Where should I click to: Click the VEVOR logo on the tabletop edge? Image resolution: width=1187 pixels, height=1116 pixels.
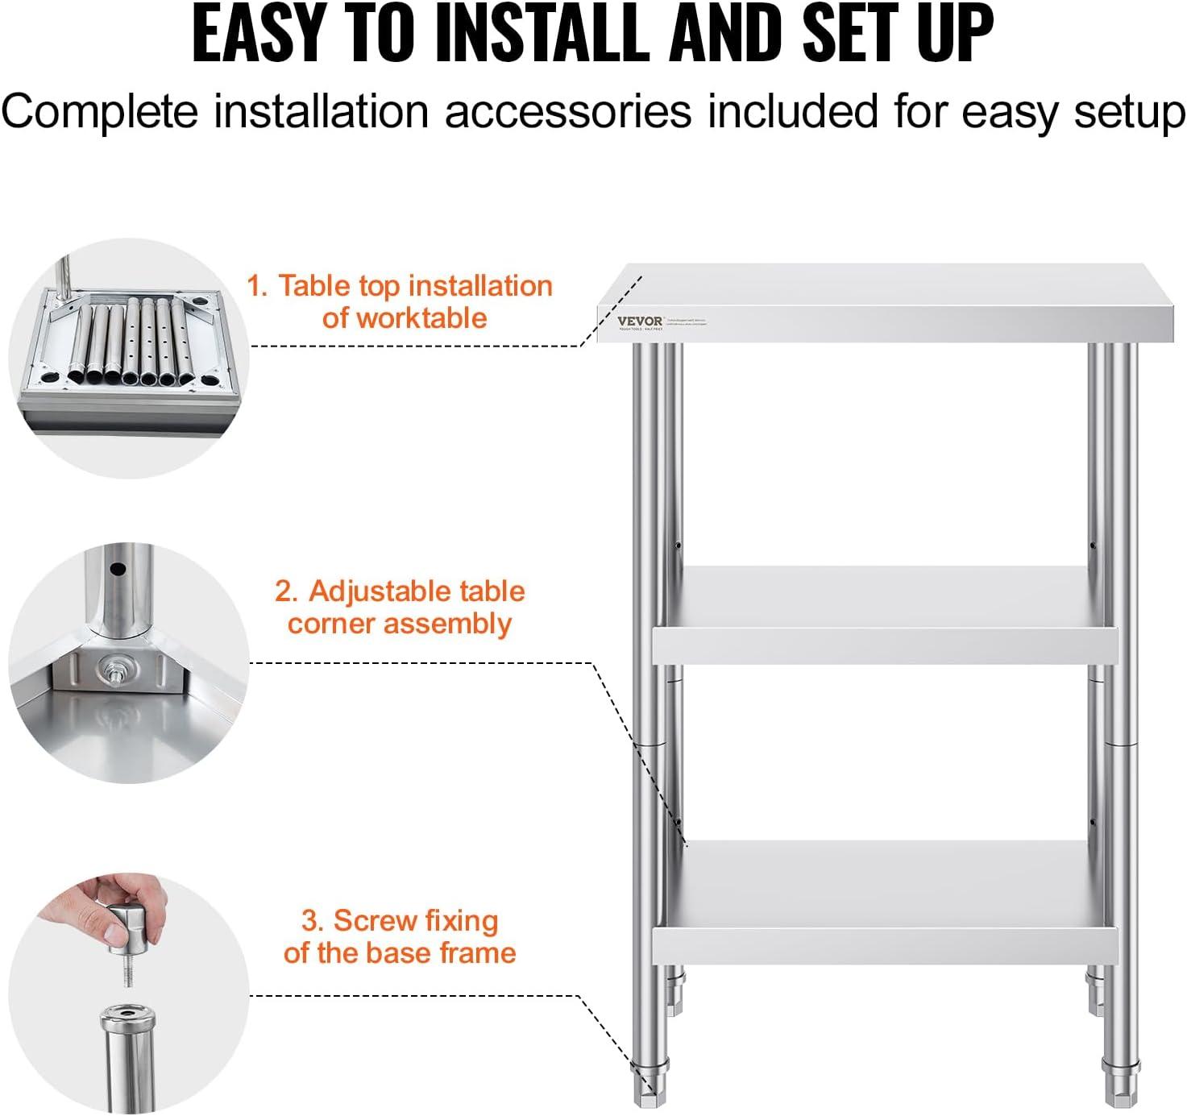pos(640,321)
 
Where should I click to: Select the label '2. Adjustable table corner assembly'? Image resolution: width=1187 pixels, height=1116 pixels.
pos(400,607)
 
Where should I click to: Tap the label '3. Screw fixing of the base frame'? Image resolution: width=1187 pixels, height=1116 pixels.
pos(400,936)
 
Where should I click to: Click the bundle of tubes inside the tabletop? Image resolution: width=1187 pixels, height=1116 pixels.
pos(129,342)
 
